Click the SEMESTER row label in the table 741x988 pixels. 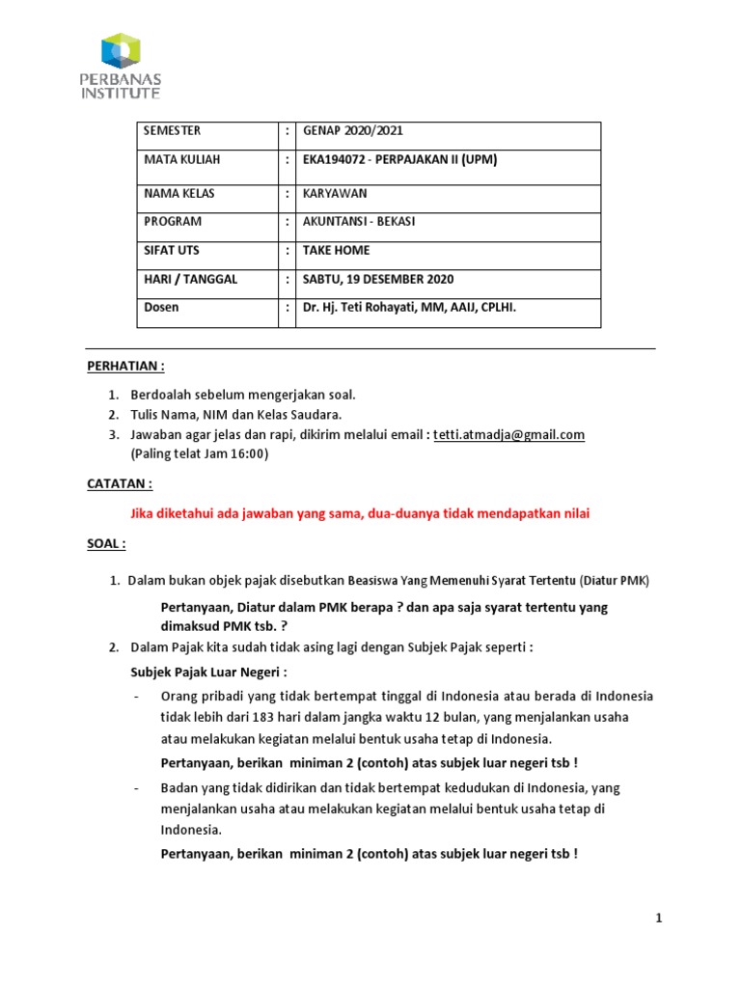[x=173, y=130]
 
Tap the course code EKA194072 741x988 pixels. [x=337, y=159]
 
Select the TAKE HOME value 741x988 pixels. [x=336, y=251]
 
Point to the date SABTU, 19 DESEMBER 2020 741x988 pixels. [x=378, y=280]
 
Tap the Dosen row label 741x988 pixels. [x=161, y=308]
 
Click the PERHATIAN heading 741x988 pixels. [x=125, y=367]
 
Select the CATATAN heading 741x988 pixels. [x=120, y=483]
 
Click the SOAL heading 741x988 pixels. [x=106, y=543]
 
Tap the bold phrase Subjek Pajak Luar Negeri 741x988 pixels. [x=209, y=672]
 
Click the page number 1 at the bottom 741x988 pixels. [x=659, y=919]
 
